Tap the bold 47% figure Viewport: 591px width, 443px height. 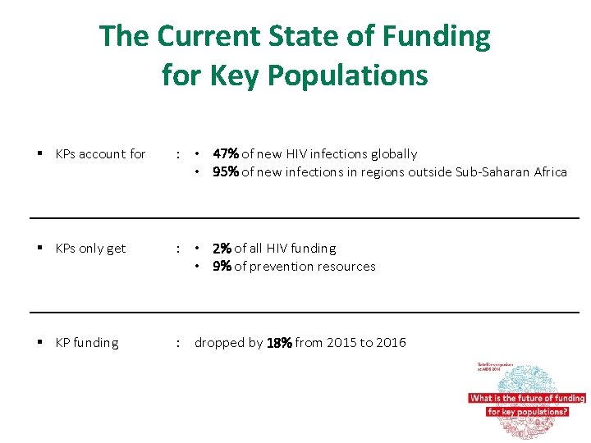[x=226, y=153]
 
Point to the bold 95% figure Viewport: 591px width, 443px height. [x=226, y=171]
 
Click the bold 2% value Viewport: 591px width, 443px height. [x=222, y=248]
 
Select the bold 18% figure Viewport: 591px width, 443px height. [x=279, y=343]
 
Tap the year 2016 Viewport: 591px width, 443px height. [x=390, y=342]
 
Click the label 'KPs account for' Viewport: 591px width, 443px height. [x=100, y=153]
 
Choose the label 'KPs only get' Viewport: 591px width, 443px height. [x=90, y=248]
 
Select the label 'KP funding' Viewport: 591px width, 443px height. [x=86, y=342]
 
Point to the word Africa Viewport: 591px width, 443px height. [x=548, y=171]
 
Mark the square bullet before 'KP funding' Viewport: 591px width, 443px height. [x=40, y=342]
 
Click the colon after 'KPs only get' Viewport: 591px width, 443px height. [x=178, y=248]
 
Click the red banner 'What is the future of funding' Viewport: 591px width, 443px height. [x=526, y=398]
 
